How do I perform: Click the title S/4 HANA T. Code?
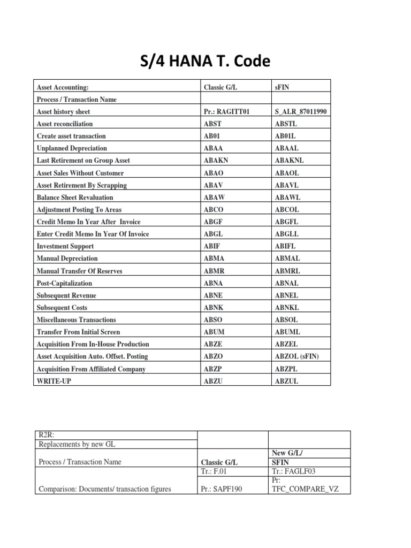tap(205, 62)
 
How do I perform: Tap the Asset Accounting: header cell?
tap(63, 87)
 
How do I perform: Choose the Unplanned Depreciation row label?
tap(72, 148)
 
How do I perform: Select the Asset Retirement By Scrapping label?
tap(81, 185)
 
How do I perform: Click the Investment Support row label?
tap(65, 246)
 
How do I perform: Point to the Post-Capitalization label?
tap(64, 283)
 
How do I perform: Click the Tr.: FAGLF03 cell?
tap(292, 471)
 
